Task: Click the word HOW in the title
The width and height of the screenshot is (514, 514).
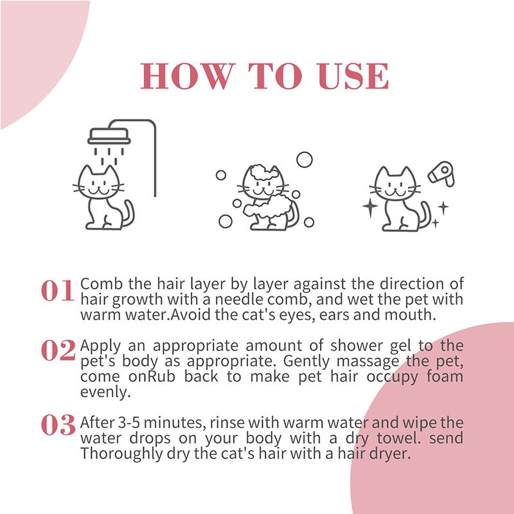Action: pos(186,77)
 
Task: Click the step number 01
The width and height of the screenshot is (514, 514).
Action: pos(58,292)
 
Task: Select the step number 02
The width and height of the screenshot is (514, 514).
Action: pos(58,350)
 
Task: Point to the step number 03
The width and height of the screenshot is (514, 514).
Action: pos(58,425)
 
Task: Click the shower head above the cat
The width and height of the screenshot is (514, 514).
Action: pos(109,136)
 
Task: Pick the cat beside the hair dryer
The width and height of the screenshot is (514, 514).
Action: pos(400,198)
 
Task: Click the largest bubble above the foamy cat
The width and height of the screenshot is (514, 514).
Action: pos(305,159)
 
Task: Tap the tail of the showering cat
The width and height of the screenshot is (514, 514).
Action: pos(127,214)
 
